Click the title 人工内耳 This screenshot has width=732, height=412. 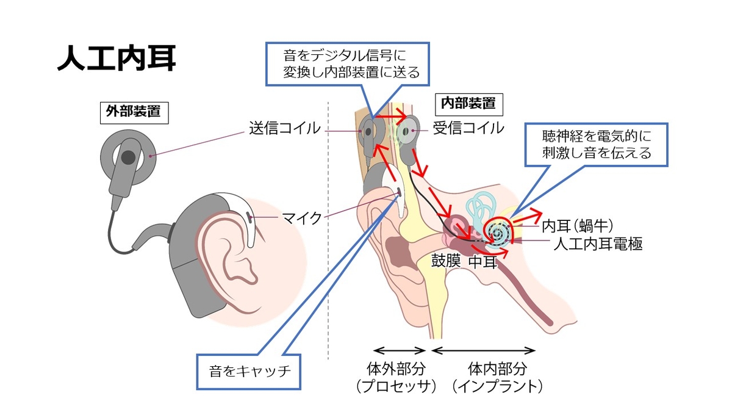(117, 59)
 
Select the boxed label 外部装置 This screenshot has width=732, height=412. (134, 112)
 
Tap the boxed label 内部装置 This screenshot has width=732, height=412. (468, 103)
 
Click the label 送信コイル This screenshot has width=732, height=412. (284, 128)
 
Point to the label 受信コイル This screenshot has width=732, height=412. (468, 128)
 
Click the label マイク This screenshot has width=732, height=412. (301, 218)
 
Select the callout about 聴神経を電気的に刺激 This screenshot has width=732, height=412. (597, 145)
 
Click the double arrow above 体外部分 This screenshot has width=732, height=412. (399, 350)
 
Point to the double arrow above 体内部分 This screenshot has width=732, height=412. (484, 350)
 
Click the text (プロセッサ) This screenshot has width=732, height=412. (398, 386)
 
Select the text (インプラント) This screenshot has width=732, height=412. (497, 386)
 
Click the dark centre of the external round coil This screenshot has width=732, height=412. (127, 157)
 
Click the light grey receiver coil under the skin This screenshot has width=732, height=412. (407, 131)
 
